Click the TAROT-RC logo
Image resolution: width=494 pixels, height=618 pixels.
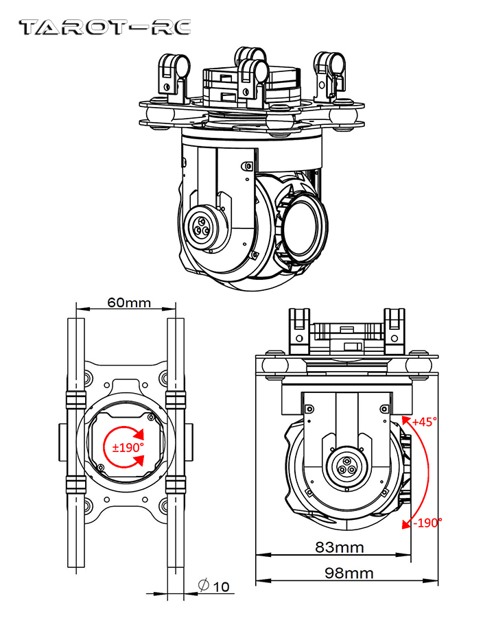(x=105, y=27)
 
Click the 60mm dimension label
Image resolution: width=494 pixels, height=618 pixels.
(x=128, y=302)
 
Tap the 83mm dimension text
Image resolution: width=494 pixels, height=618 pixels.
(x=340, y=547)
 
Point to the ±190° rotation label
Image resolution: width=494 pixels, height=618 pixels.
(x=128, y=447)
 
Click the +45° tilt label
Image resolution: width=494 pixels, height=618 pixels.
(x=425, y=423)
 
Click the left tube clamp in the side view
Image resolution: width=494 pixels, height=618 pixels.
(x=301, y=327)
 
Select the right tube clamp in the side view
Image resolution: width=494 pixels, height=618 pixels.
(x=395, y=327)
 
